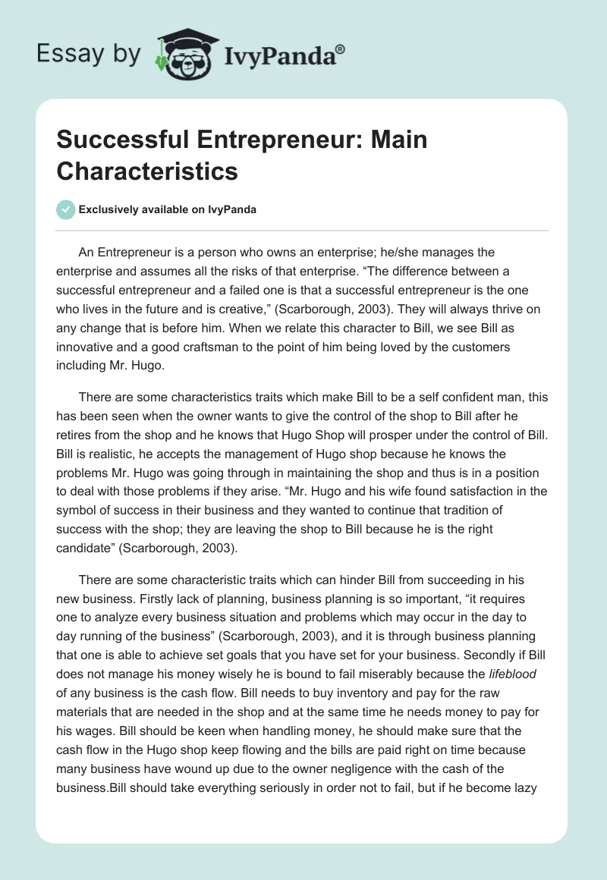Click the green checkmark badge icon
point(66,209)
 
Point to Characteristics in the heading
point(146,171)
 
